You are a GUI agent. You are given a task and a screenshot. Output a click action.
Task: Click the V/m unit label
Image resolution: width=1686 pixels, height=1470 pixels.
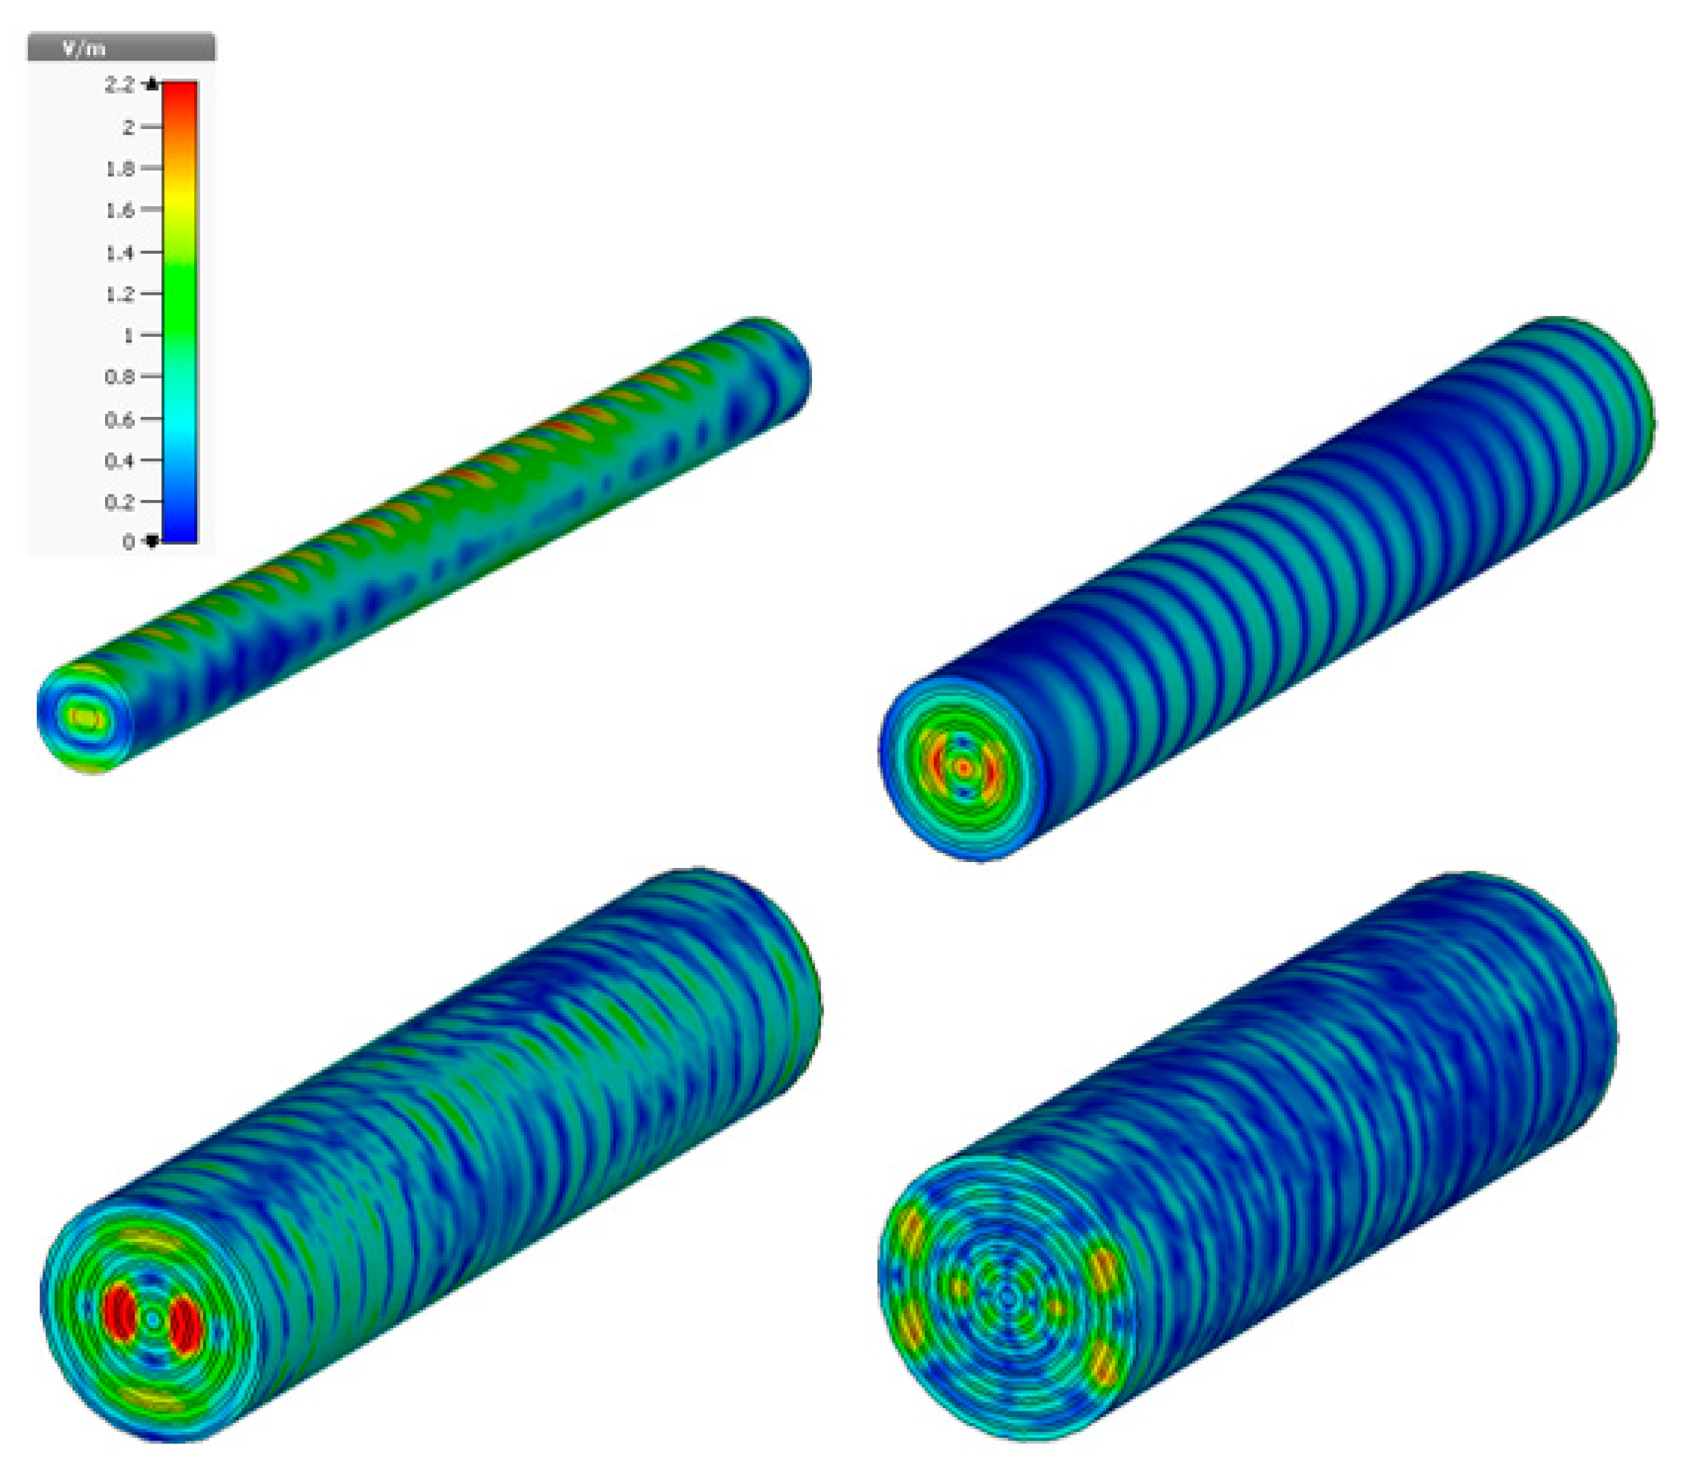(x=84, y=49)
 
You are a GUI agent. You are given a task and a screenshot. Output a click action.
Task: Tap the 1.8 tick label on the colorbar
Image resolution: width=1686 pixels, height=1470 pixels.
(x=120, y=168)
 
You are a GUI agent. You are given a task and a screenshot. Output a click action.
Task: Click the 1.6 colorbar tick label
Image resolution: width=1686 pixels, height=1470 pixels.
(x=120, y=210)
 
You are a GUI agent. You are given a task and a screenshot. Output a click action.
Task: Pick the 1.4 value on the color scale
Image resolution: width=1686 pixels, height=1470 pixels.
(x=120, y=252)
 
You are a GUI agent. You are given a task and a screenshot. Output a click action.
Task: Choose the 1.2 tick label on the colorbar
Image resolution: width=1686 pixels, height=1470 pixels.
(x=120, y=294)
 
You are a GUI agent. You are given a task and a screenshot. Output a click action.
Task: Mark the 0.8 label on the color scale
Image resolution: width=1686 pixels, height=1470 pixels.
(x=120, y=376)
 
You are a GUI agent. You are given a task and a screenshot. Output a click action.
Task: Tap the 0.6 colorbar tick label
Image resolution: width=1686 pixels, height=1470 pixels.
(x=120, y=419)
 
